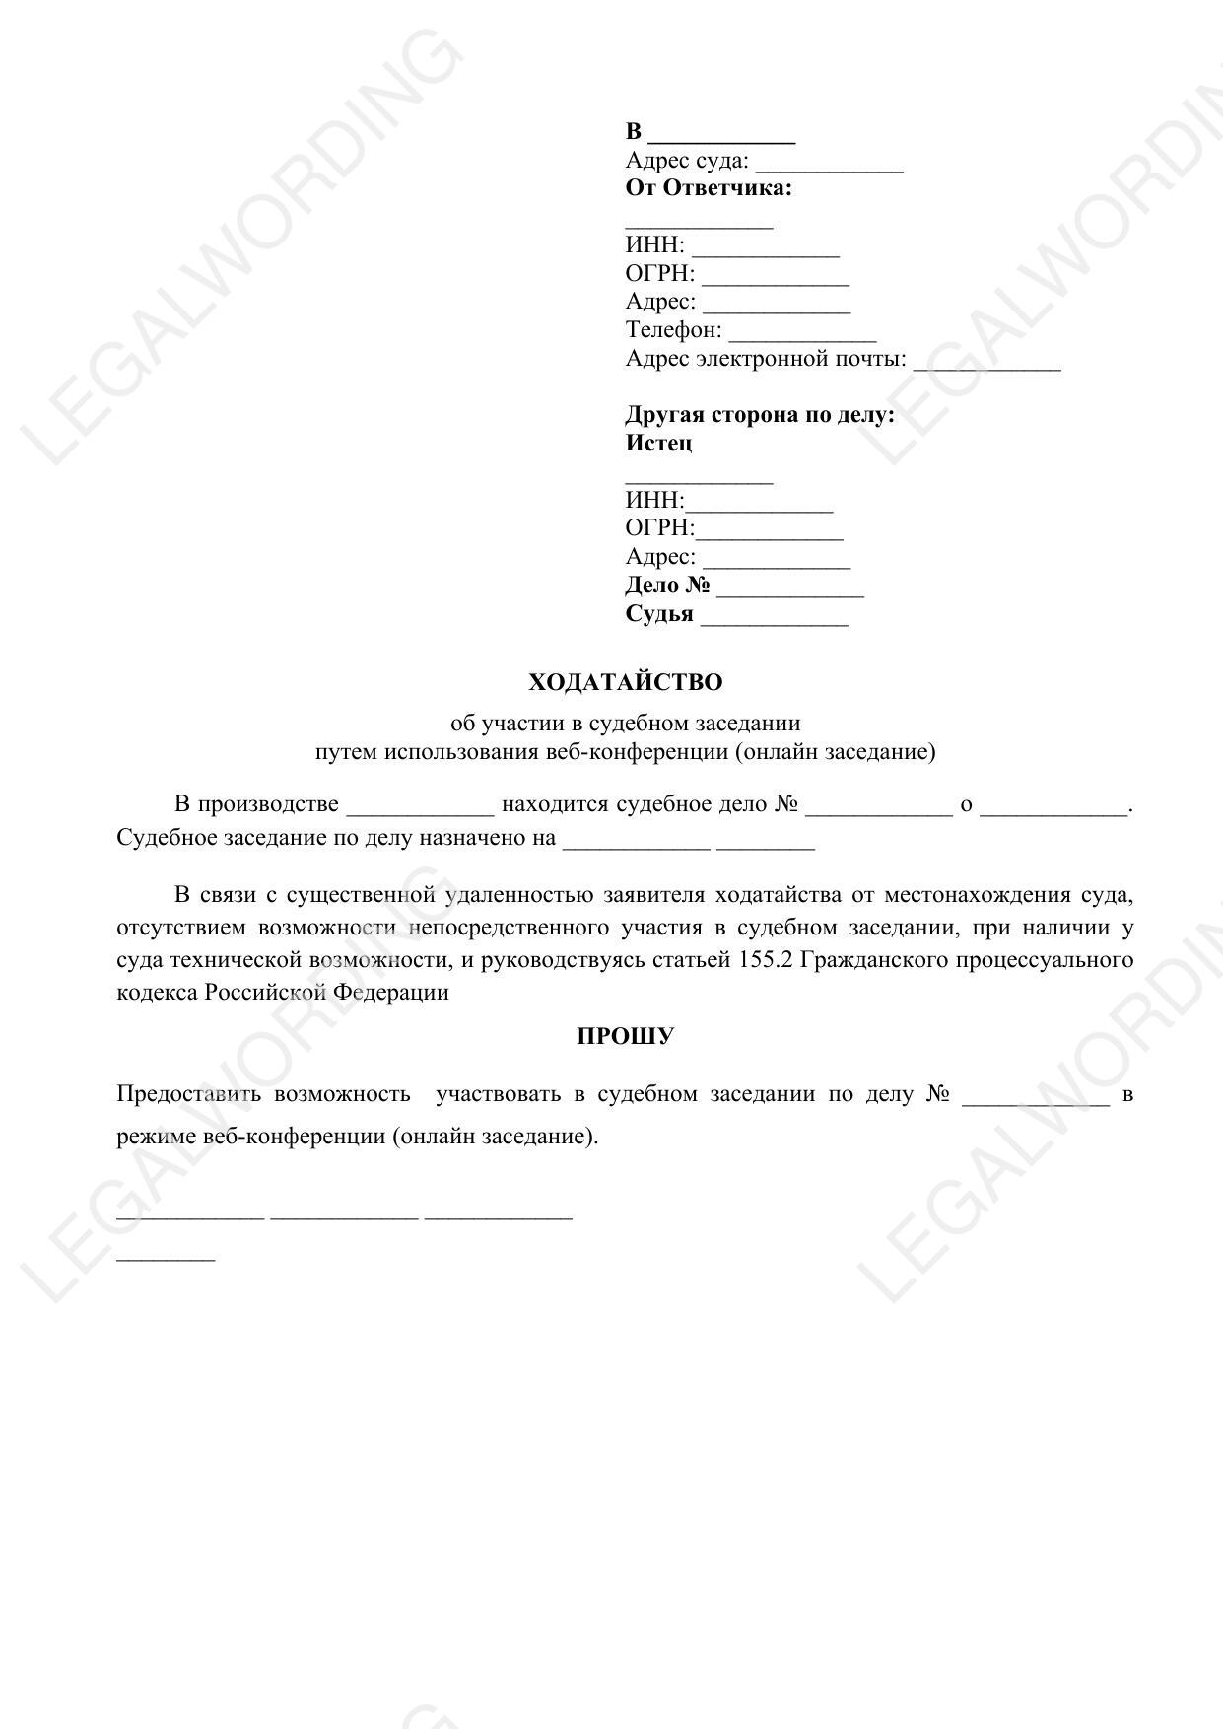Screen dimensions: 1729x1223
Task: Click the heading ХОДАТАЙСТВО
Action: point(625,682)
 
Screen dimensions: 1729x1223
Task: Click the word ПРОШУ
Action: point(625,1036)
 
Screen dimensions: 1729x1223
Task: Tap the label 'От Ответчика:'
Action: point(709,188)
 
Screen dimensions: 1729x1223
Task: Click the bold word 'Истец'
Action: point(658,443)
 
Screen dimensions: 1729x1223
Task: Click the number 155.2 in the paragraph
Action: point(765,959)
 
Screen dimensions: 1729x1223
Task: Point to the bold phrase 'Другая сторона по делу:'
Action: point(760,414)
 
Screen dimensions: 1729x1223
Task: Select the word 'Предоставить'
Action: point(188,1093)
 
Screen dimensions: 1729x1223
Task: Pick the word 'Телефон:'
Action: point(673,330)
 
